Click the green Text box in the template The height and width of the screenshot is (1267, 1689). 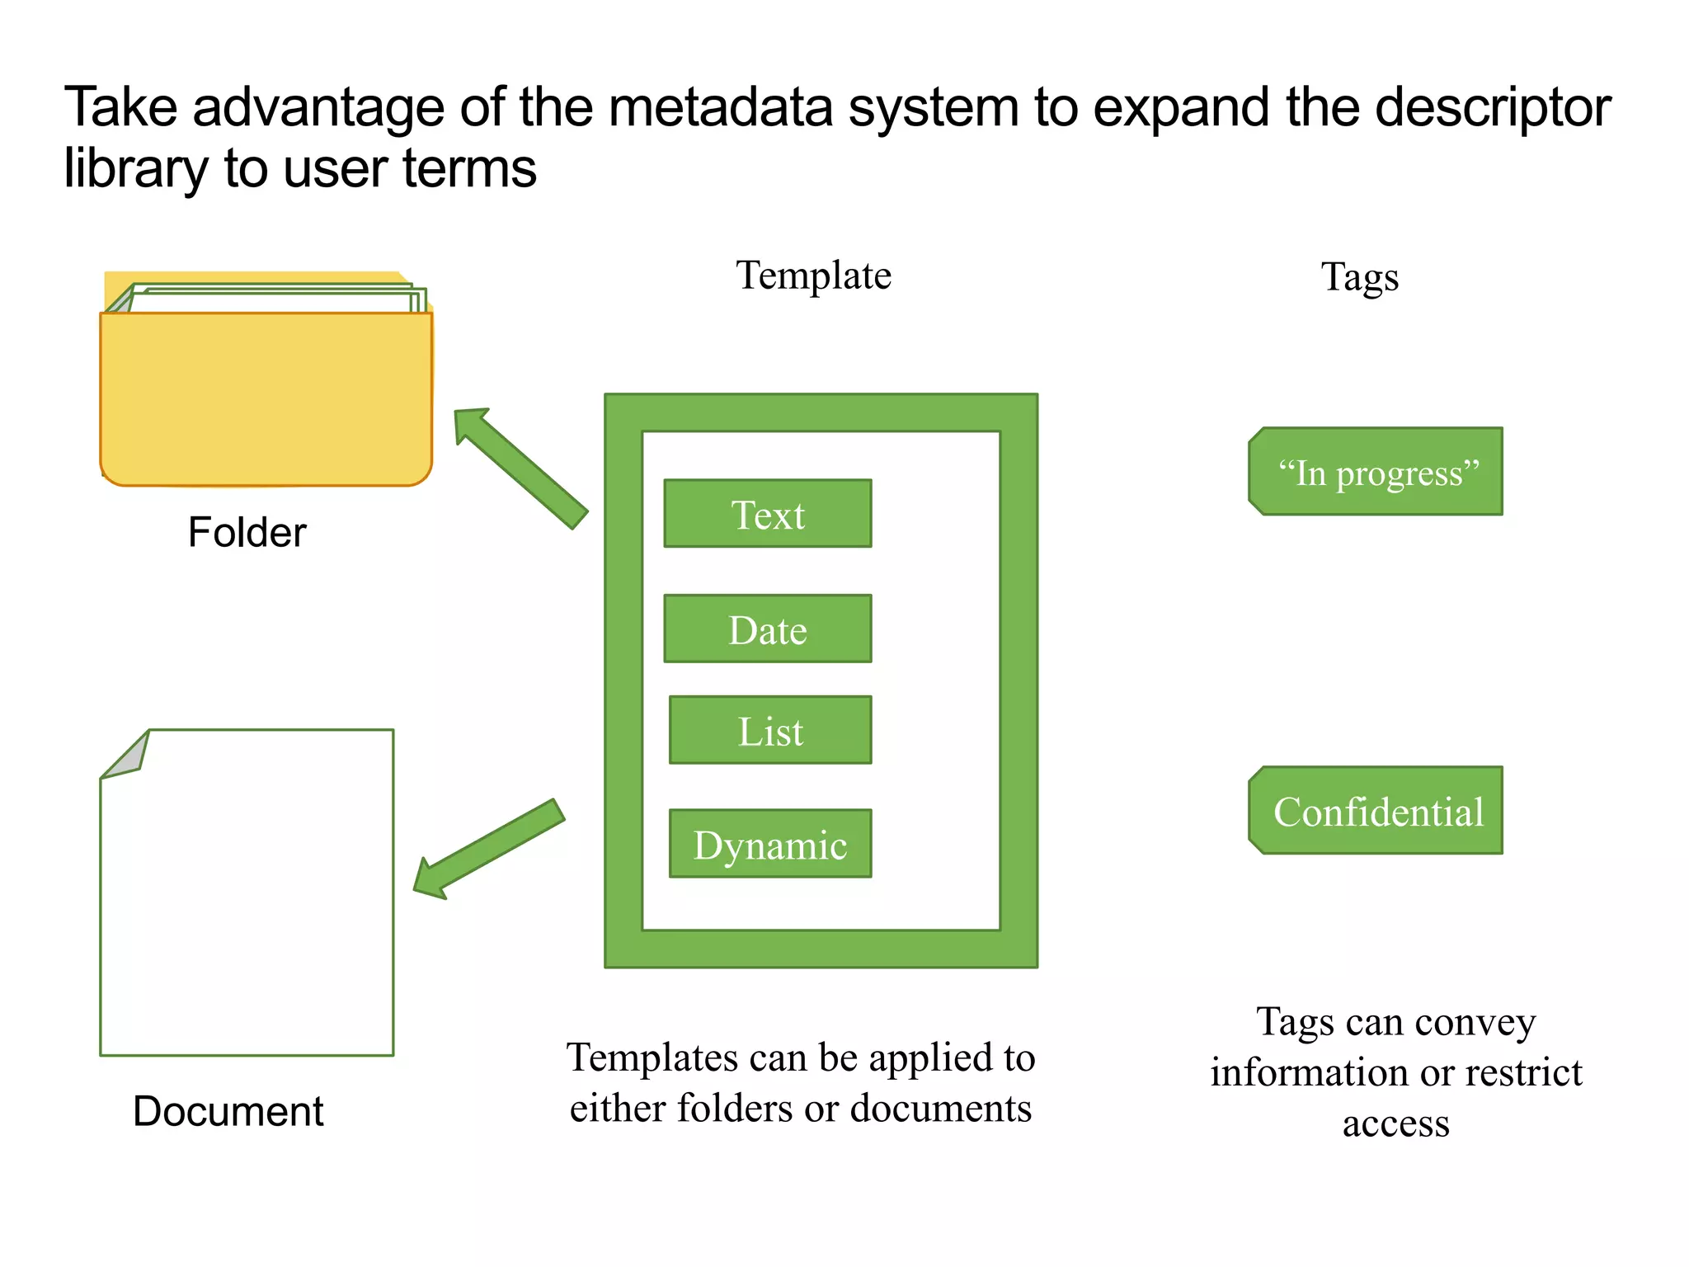pyautogui.click(x=767, y=513)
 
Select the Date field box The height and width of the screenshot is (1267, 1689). pyautogui.click(x=767, y=629)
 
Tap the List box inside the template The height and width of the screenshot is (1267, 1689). pyautogui.click(x=769, y=730)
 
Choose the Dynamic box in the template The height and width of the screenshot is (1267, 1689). pyautogui.click(x=769, y=843)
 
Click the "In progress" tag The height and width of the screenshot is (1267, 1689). pyautogui.click(x=1376, y=472)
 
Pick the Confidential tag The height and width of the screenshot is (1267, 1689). pyautogui.click(x=1376, y=811)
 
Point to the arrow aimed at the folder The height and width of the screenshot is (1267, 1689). pyautogui.click(x=519, y=467)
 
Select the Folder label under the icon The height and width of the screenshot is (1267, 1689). pyautogui.click(x=247, y=532)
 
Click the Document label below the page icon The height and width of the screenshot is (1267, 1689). pyautogui.click(x=228, y=1111)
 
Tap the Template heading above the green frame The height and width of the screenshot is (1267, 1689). pyautogui.click(x=813, y=276)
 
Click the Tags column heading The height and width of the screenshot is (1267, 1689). pyautogui.click(x=1359, y=277)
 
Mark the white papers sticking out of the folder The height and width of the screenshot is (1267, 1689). pyautogui.click(x=272, y=299)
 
